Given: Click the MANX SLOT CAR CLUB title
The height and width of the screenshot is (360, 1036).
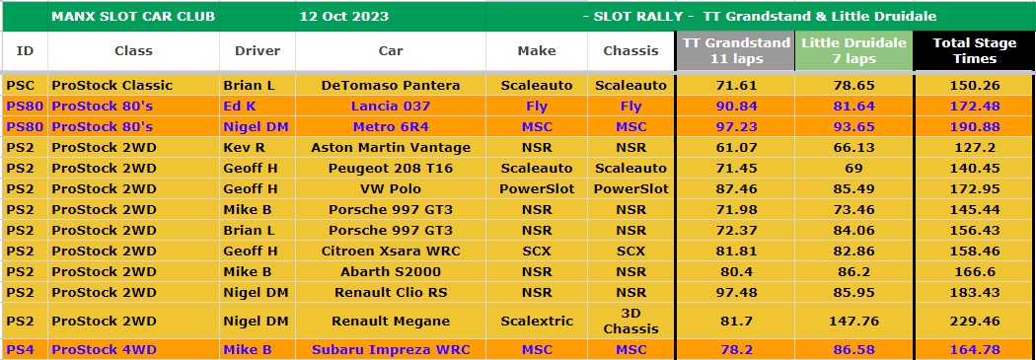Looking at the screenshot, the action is pyautogui.click(x=133, y=17).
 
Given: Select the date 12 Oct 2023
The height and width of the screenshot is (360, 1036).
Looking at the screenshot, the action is pyautogui.click(x=343, y=17).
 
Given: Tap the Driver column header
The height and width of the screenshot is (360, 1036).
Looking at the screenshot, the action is pyautogui.click(x=257, y=51).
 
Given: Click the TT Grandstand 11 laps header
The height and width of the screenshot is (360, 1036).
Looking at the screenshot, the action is pyautogui.click(x=736, y=51).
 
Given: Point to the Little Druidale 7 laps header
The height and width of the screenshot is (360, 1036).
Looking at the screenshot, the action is pyautogui.click(x=853, y=51).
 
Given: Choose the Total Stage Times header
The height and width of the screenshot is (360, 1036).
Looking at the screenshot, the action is pyautogui.click(x=975, y=51).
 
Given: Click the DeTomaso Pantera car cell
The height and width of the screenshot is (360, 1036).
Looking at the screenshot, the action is pyautogui.click(x=391, y=85).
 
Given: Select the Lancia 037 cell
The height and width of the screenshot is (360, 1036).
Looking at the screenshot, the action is pyautogui.click(x=391, y=106).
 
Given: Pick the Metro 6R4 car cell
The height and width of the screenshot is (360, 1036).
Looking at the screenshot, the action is pyautogui.click(x=391, y=127).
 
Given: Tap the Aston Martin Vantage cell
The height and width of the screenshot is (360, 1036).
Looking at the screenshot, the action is pyautogui.click(x=391, y=147).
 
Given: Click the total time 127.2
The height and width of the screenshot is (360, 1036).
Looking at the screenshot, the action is pyautogui.click(x=975, y=147).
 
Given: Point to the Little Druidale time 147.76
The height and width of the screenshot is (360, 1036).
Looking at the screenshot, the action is pyautogui.click(x=853, y=321).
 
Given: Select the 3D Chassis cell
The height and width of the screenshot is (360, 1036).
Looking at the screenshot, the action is pyautogui.click(x=631, y=321).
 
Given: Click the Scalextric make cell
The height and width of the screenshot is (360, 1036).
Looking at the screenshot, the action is pyautogui.click(x=537, y=321).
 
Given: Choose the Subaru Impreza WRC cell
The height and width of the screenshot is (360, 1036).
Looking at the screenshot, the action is pyautogui.click(x=391, y=349).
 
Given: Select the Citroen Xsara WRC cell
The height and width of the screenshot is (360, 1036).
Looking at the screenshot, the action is pyautogui.click(x=391, y=251).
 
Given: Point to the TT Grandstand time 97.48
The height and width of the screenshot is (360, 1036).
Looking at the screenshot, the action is pyautogui.click(x=736, y=293).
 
